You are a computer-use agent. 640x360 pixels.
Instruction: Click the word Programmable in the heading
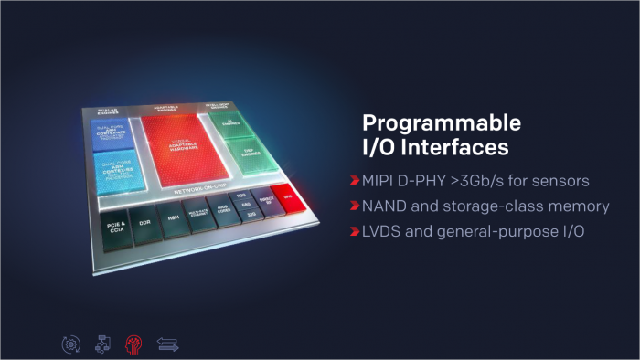tap(429, 122)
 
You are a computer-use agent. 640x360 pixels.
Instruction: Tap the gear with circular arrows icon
tap(69, 344)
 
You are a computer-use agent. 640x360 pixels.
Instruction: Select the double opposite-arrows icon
tap(168, 344)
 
